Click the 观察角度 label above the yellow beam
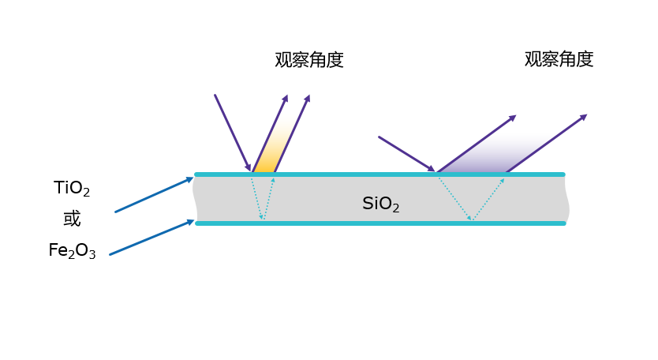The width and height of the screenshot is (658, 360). click(309, 60)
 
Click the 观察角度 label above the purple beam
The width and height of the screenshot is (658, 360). click(559, 59)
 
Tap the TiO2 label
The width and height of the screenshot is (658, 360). click(72, 189)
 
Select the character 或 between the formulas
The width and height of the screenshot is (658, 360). click(72, 219)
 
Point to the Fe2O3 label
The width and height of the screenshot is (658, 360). click(72, 252)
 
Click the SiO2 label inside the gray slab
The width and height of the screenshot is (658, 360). click(380, 204)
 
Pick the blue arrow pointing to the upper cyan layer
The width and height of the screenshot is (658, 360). click(154, 195)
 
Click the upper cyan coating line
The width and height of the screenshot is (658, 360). click(379, 174)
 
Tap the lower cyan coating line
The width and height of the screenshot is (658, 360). click(379, 223)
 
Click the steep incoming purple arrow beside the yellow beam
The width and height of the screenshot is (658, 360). click(232, 132)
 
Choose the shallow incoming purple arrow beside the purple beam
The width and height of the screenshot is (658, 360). click(406, 153)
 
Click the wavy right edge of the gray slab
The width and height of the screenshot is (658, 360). click(567, 199)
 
